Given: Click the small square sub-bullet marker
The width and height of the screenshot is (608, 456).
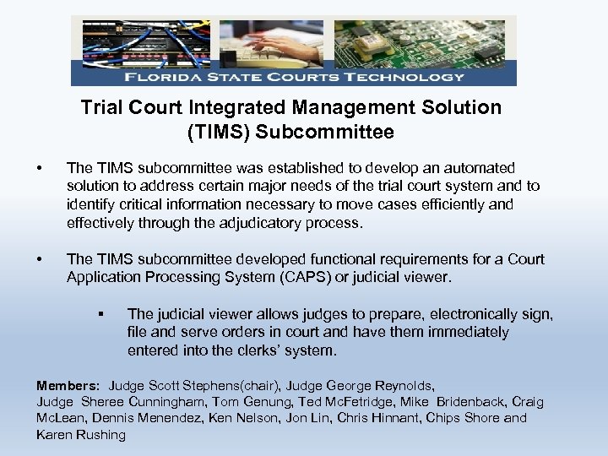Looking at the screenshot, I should [x=100, y=314].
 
